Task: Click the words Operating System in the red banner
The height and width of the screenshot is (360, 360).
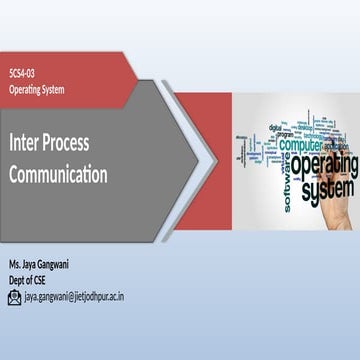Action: coord(36,90)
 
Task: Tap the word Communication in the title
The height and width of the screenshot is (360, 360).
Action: coord(58,174)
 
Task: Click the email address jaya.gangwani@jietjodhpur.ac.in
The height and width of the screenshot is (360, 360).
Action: coord(74,297)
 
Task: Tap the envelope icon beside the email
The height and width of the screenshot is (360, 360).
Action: coord(15,297)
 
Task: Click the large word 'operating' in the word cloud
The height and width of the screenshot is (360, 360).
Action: coord(323,164)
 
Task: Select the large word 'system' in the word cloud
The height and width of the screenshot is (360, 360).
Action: coord(326,188)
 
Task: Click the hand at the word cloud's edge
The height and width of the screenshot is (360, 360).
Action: coord(342,215)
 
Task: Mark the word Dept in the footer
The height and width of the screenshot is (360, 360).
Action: coord(18,280)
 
